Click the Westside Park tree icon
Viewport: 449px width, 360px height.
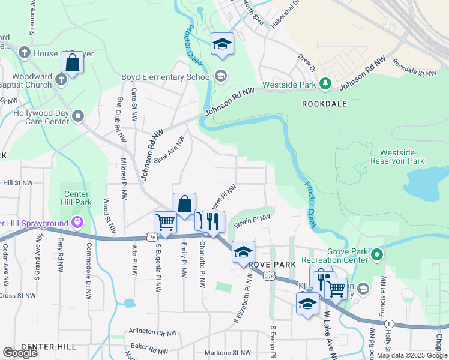pos(325,83)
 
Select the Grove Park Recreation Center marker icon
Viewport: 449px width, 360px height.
pos(376,255)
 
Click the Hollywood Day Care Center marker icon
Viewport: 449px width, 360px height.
pos(77,116)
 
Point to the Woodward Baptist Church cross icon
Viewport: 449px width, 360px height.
pos(61,79)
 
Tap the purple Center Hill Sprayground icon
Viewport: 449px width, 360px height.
pos(77,223)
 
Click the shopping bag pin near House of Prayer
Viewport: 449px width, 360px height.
pos(72,62)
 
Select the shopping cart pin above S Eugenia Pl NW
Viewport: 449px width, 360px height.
pos(165,221)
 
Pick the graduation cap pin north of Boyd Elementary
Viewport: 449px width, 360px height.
pos(222,43)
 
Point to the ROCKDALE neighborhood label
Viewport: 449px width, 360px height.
pos(324,103)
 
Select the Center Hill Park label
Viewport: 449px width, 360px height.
pos(77,198)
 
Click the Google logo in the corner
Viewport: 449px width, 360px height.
pos(20,353)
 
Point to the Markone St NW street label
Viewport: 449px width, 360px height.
pos(228,353)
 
